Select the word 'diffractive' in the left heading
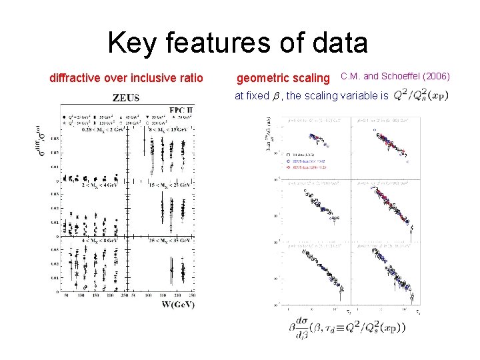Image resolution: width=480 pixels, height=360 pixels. coord(75,78)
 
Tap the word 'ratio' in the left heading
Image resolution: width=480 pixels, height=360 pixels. coord(190,78)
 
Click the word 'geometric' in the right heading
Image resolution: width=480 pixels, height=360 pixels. coord(263,79)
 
